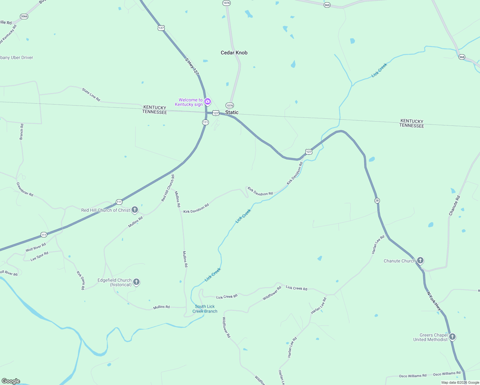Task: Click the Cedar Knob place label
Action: tap(234, 53)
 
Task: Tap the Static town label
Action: tap(232, 112)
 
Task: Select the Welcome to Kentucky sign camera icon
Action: tap(208, 102)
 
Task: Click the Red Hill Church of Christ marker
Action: tap(135, 210)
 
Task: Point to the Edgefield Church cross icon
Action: tap(136, 282)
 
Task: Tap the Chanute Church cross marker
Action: tap(420, 261)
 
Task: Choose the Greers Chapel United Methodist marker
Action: tap(452, 337)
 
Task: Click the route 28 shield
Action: tap(377, 201)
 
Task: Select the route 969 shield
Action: tap(327, 5)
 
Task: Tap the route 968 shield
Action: tap(462, 57)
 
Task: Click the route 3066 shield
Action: tap(24, 16)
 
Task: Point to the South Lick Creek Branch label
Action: tap(205, 309)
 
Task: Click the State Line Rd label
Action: tap(91, 95)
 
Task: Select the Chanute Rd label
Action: tap(454, 206)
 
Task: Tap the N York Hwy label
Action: tap(434, 301)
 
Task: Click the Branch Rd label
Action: tap(21, 132)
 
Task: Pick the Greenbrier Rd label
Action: tap(25, 189)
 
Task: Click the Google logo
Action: tap(11, 381)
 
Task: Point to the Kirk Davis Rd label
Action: tap(81, 280)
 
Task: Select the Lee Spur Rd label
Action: tap(39, 256)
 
